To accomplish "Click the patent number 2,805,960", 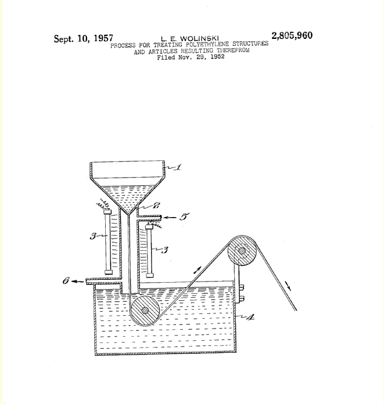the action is [292, 35].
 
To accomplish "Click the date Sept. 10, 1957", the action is [84, 39].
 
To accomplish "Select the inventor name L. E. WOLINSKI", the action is [190, 39].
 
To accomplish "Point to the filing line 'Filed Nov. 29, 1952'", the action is [191, 57].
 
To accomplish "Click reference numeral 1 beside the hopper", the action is [178, 167].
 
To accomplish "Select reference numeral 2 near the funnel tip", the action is [156, 205].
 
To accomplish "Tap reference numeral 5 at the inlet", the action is [184, 217].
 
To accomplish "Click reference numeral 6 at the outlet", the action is [66, 280].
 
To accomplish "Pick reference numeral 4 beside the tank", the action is [250, 317].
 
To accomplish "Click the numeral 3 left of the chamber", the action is [93, 236].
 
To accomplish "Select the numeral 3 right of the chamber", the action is [164, 250].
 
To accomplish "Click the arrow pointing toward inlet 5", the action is [170, 218].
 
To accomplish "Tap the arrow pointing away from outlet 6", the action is [77, 282].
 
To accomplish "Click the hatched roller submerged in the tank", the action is [145, 311].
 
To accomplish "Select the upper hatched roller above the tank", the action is [242, 251].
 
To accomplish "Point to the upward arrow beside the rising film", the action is [198, 270].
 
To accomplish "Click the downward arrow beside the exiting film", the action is [288, 286].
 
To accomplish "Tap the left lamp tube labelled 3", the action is [108, 241].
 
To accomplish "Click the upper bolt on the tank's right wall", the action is [242, 287].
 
